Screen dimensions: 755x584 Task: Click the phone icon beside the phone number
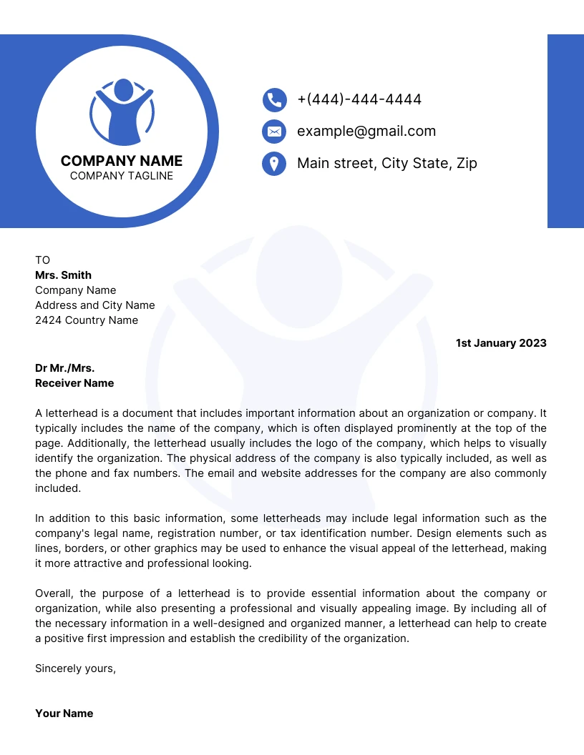pos(274,99)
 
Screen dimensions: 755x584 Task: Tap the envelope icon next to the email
pos(274,132)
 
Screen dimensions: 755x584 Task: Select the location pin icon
pos(274,164)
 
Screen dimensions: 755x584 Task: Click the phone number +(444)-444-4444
pos(359,99)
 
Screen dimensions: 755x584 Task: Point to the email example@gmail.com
pos(366,132)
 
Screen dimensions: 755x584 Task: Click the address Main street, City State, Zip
pos(387,164)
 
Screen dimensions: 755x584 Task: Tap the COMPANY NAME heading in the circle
pos(122,161)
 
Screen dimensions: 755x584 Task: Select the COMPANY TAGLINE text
pos(122,176)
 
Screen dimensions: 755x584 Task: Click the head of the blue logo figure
pos(123,90)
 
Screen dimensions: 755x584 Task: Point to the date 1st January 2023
pos(501,343)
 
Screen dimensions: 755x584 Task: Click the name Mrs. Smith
pos(64,275)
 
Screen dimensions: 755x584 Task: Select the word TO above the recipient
pos(43,260)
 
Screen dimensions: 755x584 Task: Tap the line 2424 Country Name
pos(87,320)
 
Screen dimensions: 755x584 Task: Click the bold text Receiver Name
pos(74,383)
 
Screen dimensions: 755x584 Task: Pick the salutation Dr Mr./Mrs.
pos(65,368)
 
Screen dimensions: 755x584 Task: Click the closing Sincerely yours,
pos(75,668)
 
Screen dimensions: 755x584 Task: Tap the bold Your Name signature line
pos(64,714)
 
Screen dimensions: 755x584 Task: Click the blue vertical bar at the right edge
pos(565,131)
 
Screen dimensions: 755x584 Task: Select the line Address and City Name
pos(95,305)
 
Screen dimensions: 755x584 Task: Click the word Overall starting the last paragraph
pos(54,593)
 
